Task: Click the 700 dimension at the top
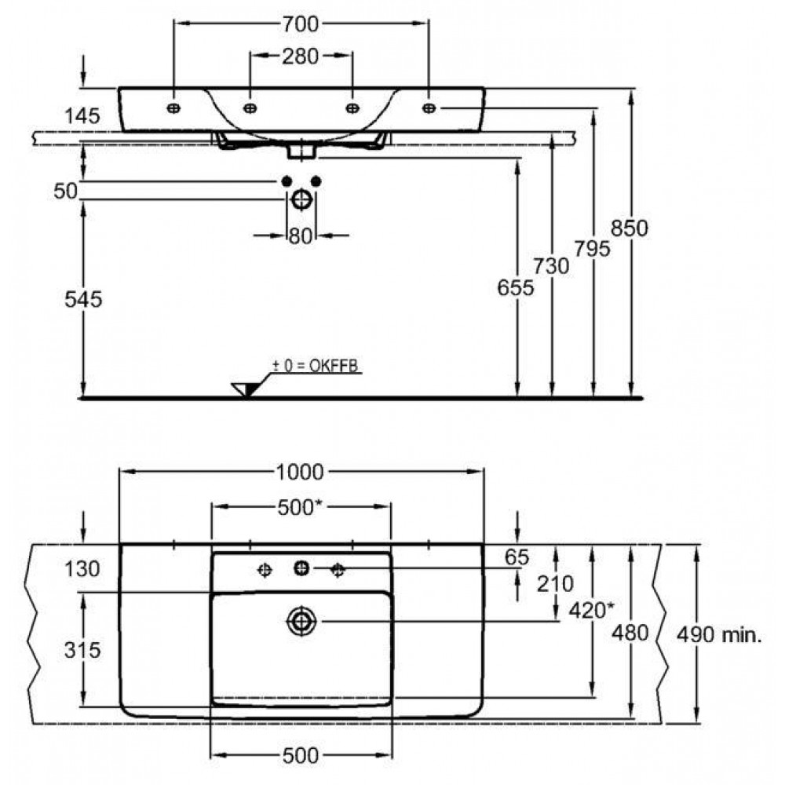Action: [x=301, y=24]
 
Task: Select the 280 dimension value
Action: [x=301, y=56]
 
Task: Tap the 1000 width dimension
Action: [x=301, y=472]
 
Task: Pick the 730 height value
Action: [x=553, y=267]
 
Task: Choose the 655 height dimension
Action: [x=516, y=288]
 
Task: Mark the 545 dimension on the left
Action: [x=84, y=300]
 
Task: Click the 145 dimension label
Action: [x=83, y=116]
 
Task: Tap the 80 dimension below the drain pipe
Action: [x=301, y=235]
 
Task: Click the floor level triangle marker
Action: [x=246, y=389]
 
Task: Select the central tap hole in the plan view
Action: [x=301, y=568]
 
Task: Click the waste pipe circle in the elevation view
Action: [x=301, y=200]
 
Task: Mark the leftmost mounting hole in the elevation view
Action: [x=174, y=108]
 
